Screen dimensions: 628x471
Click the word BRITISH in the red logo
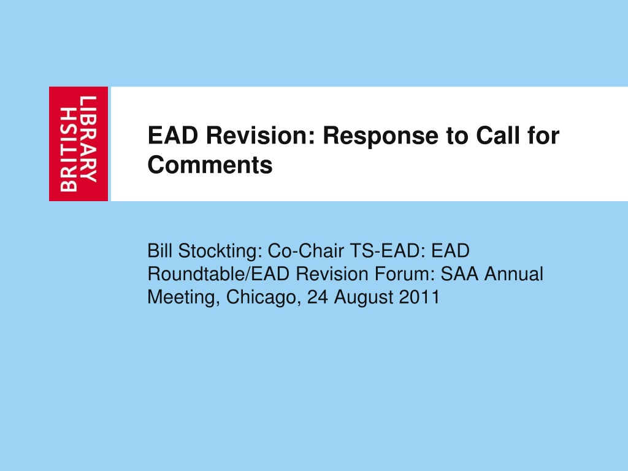69,149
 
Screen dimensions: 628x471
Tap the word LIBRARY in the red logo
88,139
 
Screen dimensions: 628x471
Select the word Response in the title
380,136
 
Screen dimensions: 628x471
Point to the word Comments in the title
210,164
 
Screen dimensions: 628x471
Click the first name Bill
160,251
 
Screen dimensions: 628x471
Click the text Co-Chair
305,251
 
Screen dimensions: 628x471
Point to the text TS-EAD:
388,251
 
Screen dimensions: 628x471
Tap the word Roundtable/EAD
219,274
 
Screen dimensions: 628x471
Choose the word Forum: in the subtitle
405,274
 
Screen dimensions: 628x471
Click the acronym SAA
459,274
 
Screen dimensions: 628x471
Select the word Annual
514,274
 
